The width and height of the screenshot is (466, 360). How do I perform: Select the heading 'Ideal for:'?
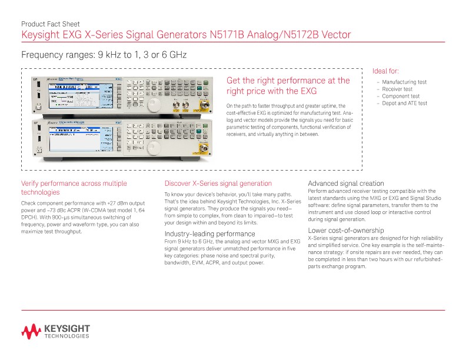point(386,71)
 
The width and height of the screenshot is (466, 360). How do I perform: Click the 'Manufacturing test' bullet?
point(404,82)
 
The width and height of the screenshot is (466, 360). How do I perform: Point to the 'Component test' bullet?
point(401,96)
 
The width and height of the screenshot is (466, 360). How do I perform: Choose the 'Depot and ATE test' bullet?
point(404,104)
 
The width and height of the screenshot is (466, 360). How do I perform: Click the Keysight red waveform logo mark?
point(31,331)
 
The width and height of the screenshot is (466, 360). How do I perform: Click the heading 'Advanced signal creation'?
point(346,184)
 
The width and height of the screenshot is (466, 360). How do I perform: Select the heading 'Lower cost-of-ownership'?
point(345,230)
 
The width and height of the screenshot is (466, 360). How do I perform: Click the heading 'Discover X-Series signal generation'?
point(218,184)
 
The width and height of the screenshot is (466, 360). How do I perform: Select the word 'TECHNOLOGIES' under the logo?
point(66,336)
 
